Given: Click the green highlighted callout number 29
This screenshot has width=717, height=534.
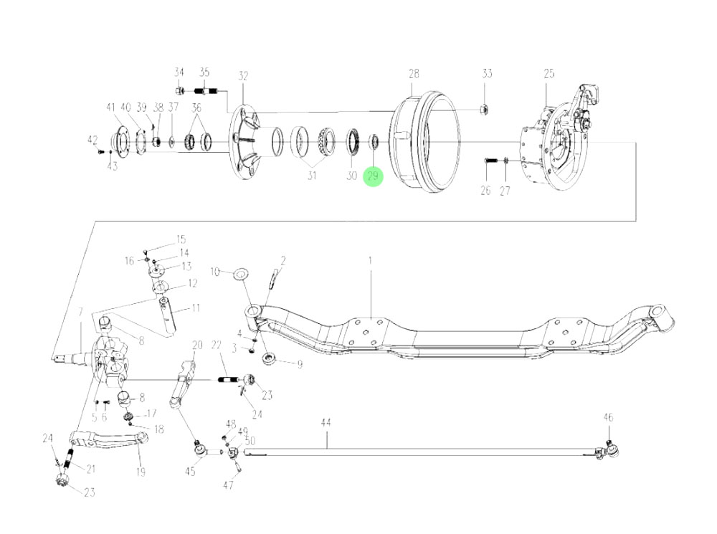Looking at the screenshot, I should pyautogui.click(x=374, y=176).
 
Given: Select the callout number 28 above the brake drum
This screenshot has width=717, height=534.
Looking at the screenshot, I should pyautogui.click(x=414, y=73).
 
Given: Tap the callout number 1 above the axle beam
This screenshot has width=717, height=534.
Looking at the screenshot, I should pyautogui.click(x=371, y=262).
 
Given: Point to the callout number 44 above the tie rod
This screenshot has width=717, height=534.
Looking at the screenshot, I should pyautogui.click(x=326, y=424).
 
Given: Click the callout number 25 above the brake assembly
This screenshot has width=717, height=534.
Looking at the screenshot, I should pyautogui.click(x=549, y=73).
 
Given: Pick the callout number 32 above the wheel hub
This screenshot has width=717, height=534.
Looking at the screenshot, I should pyautogui.click(x=243, y=75).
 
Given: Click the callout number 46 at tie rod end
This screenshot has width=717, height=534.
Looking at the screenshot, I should pyautogui.click(x=608, y=417).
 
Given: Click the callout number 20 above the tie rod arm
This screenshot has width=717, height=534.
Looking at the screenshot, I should pyautogui.click(x=197, y=345).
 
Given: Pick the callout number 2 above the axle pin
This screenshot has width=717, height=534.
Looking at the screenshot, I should pyautogui.click(x=282, y=260).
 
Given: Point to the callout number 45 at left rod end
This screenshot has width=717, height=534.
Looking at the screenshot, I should pyautogui.click(x=190, y=471).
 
